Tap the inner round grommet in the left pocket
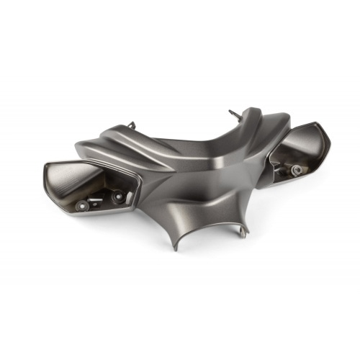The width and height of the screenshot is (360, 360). (x=118, y=194)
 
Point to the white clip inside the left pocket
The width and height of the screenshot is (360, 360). (x=128, y=197)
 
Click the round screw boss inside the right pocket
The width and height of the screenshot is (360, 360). (x=297, y=169)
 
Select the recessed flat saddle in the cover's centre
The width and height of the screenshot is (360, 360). (x=198, y=155)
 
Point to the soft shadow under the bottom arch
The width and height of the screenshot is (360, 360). (x=209, y=252)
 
